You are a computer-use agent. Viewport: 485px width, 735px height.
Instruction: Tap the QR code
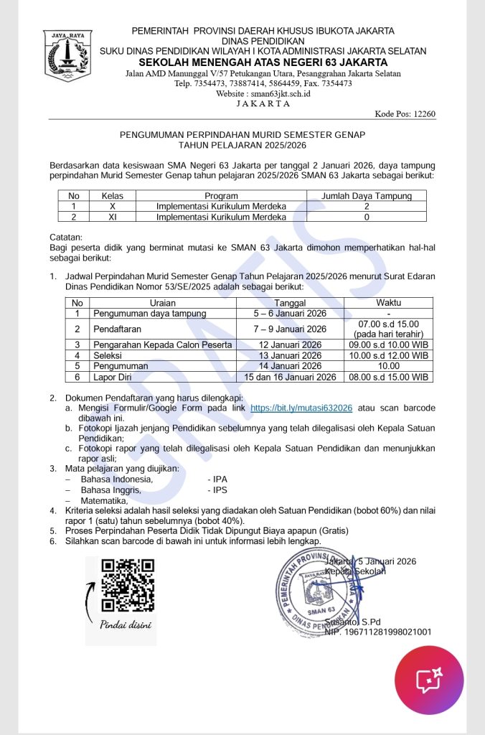pos(128,584)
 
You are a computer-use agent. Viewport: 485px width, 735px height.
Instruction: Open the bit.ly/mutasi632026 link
pos(301,408)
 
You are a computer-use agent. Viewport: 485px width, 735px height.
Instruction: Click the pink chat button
pos(429,677)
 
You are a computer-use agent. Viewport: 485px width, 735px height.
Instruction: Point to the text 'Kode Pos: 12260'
pos(405,113)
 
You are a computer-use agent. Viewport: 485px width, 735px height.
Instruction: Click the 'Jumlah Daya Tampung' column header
pos(366,195)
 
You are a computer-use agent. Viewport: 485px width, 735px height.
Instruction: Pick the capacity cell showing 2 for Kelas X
pos(366,206)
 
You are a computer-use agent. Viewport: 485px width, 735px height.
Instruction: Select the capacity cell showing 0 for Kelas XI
pos(366,217)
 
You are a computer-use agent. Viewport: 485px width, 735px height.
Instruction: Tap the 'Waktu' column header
pos(388,303)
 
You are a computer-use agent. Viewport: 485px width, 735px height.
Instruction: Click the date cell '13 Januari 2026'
pos(290,355)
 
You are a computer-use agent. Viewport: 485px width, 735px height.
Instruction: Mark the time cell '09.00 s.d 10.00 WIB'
pos(388,345)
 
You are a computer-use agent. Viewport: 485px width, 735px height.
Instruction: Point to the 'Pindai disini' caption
pos(126,624)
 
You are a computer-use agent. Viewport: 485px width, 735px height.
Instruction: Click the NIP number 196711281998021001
pos(378,632)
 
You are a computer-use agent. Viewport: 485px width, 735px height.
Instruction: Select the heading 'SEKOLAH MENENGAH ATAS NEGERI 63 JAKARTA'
pos(263,62)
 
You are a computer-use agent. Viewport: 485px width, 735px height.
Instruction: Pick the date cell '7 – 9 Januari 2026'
pos(290,329)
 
